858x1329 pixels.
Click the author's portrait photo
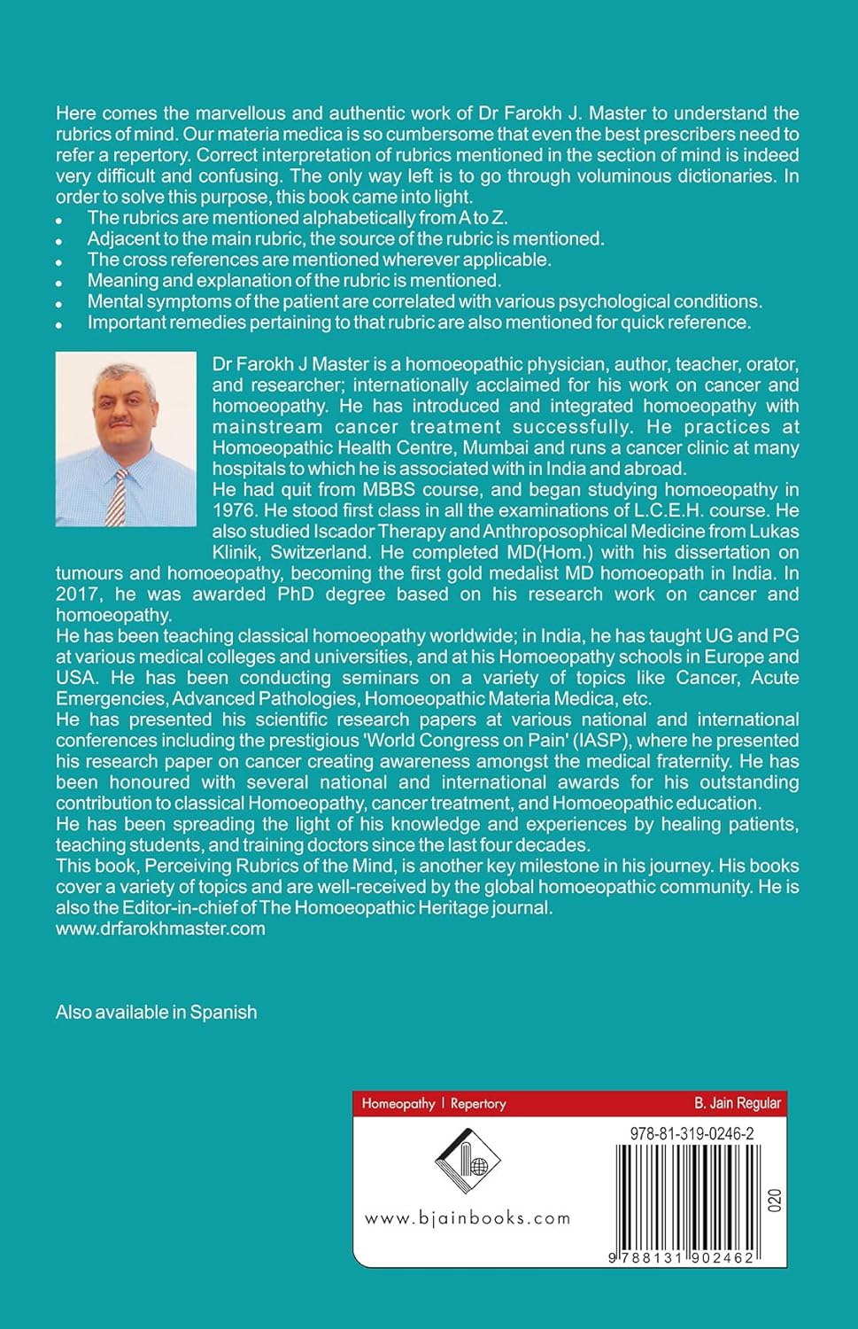click(126, 439)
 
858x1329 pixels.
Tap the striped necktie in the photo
click(117, 497)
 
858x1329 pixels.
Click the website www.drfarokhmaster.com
click(160, 929)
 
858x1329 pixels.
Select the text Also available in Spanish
click(156, 1012)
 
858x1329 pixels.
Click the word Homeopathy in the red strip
click(398, 1103)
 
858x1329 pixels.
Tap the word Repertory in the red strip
click(478, 1103)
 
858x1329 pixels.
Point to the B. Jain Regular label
click(737, 1103)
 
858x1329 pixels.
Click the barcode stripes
click(684, 1196)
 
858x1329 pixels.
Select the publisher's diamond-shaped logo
click(468, 1161)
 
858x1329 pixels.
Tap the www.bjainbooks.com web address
click(468, 1218)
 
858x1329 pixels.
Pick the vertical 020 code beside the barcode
click(775, 1201)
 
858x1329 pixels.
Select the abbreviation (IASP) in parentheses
click(601, 740)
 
